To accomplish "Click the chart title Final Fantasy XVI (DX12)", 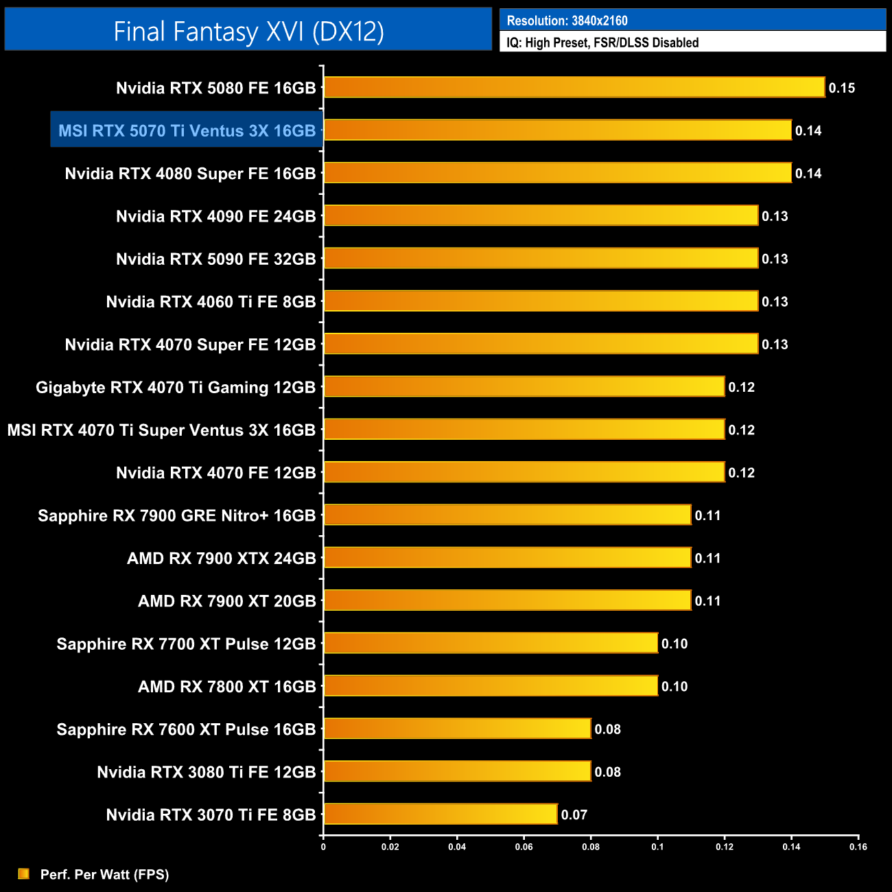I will (x=248, y=32).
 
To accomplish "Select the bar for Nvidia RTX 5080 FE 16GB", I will (x=574, y=87).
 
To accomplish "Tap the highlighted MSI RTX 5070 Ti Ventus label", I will (x=187, y=130).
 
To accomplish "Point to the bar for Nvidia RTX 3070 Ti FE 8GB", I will (x=440, y=814).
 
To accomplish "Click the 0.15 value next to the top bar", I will (x=841, y=88).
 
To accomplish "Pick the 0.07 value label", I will (x=574, y=814).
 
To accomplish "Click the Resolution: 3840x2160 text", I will (x=567, y=21).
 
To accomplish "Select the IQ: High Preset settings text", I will (x=602, y=43).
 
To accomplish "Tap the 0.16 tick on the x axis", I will (x=858, y=847).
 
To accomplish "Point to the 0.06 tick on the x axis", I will (x=524, y=847).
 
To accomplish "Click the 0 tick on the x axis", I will (x=323, y=847).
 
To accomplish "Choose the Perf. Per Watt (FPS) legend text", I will (x=104, y=874).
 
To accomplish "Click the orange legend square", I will (x=24, y=873).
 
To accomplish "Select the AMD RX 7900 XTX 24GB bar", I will (x=507, y=557).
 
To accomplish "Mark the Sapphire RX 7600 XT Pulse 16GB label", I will (x=186, y=729).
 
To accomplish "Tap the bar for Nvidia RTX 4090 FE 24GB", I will (x=541, y=215).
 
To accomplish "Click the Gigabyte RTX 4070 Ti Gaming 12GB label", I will (x=176, y=388).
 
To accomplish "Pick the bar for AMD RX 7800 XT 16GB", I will (x=491, y=685).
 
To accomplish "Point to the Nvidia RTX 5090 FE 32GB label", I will (x=215, y=259).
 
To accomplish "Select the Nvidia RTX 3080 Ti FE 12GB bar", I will (x=457, y=771).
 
